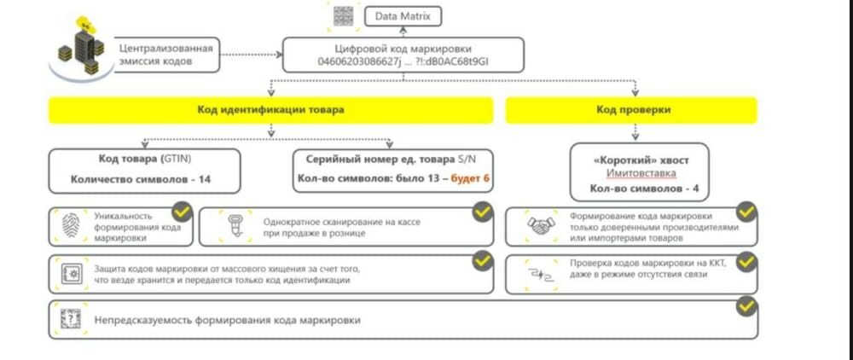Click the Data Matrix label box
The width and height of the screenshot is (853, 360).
tap(402, 16)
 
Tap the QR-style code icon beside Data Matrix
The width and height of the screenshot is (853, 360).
tap(343, 15)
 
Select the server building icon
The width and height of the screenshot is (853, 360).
tap(82, 47)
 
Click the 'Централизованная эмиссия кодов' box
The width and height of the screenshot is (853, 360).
tap(166, 55)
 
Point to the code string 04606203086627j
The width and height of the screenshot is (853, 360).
tap(360, 61)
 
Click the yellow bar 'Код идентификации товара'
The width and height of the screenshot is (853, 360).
tap(271, 110)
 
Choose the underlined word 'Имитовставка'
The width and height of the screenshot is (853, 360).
tap(641, 174)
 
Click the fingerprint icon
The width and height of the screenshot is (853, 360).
tap(70, 225)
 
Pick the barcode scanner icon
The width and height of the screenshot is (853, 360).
tap(235, 226)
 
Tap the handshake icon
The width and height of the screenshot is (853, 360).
tap(541, 226)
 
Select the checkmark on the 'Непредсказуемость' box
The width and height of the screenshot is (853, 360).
tap(746, 307)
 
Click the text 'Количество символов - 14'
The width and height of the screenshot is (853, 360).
tap(141, 179)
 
